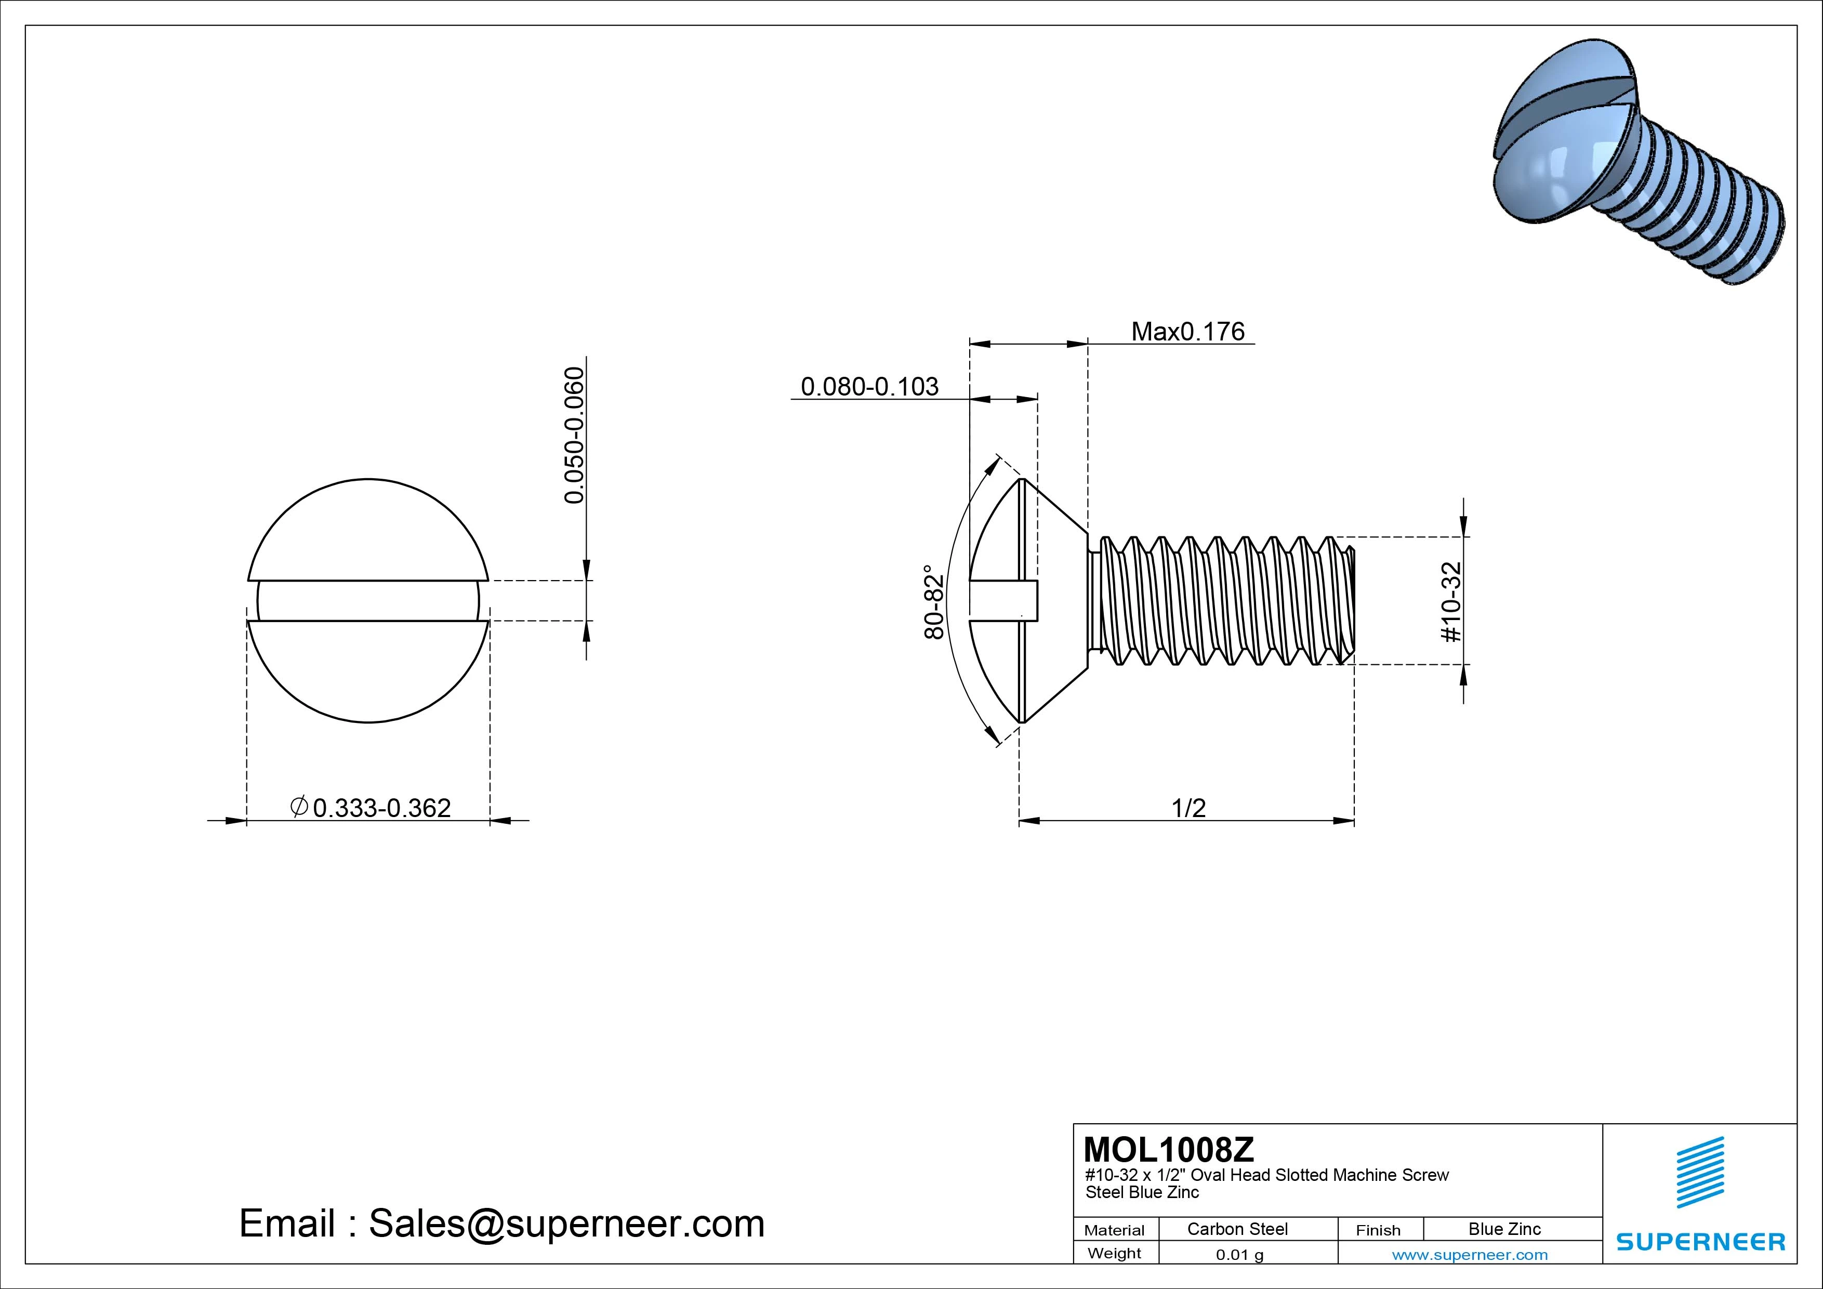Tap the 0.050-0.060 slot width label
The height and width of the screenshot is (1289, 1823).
[574, 435]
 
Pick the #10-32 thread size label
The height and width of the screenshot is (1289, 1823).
[1450, 602]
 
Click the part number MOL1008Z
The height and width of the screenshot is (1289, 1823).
[1168, 1149]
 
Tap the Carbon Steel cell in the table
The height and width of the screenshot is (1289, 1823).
[1237, 1229]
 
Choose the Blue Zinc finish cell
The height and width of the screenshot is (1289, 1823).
[1504, 1229]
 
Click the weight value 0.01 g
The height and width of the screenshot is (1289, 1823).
[1239, 1255]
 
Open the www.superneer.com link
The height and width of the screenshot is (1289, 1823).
[1470, 1255]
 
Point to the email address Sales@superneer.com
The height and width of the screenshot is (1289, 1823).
[565, 1224]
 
